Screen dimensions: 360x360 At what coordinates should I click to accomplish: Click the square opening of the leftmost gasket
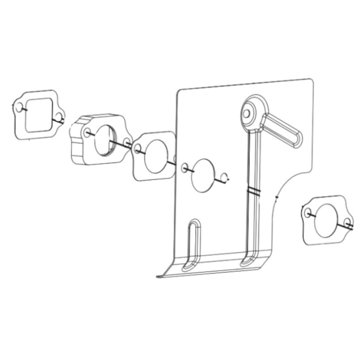click(38, 113)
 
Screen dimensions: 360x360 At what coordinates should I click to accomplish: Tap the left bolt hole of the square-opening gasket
click(19, 107)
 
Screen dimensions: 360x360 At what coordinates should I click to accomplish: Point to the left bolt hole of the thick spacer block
click(88, 133)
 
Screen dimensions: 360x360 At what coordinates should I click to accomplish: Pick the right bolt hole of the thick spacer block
click(127, 141)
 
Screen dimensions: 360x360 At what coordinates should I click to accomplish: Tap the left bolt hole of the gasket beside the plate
click(139, 148)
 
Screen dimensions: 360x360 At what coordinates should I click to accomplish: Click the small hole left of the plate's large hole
click(186, 167)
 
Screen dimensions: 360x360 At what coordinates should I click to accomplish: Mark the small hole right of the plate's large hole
click(224, 179)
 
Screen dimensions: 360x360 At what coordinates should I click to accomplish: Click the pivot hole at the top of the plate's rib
click(247, 112)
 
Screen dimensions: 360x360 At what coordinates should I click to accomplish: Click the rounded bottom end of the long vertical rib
click(247, 262)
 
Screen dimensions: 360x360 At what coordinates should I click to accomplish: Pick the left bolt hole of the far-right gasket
click(308, 213)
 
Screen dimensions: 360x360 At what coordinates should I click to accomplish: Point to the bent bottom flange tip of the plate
click(160, 276)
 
